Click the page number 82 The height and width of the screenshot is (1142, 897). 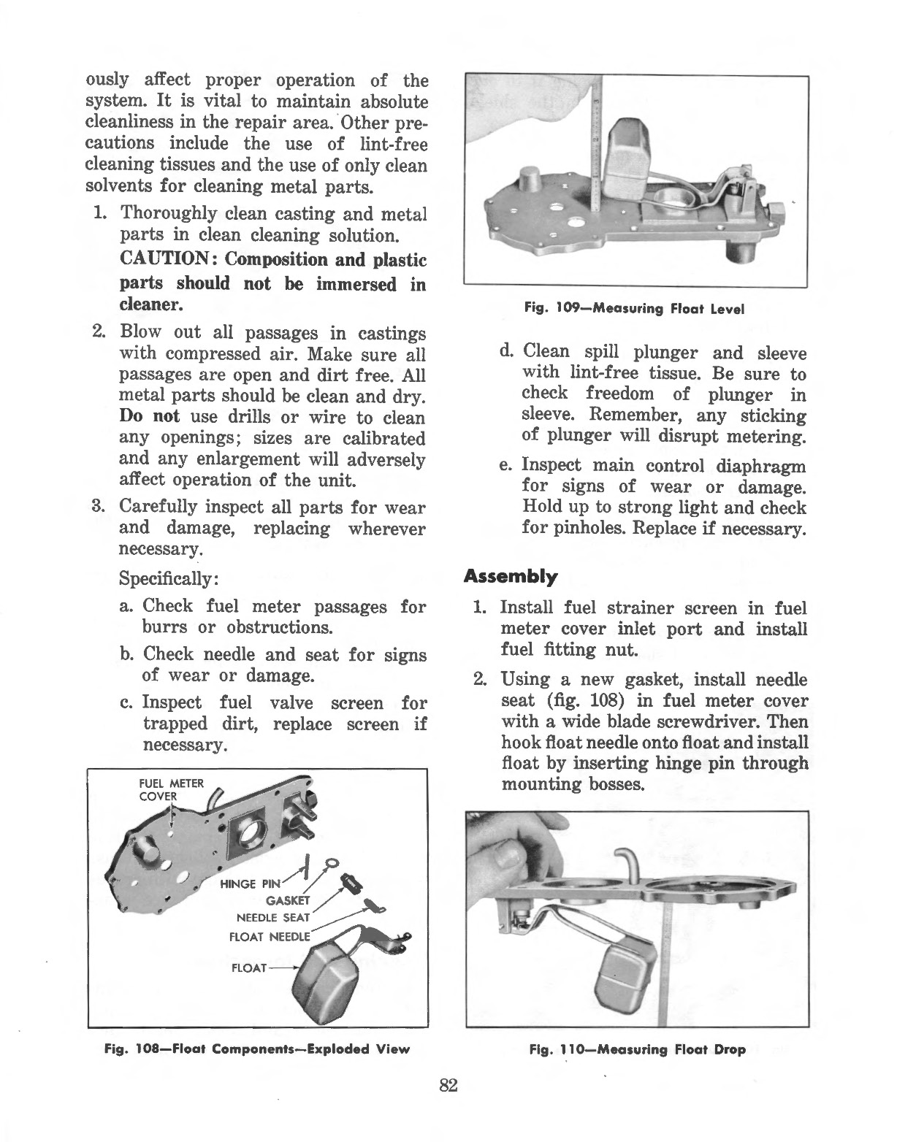tap(448, 1085)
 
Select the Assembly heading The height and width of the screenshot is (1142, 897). tap(511, 577)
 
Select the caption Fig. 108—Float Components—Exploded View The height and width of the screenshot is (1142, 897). tap(256, 1050)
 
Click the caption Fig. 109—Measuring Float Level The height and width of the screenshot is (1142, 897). tap(634, 309)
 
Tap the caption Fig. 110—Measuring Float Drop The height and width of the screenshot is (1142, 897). tap(637, 1050)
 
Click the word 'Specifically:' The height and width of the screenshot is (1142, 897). tap(168, 579)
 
